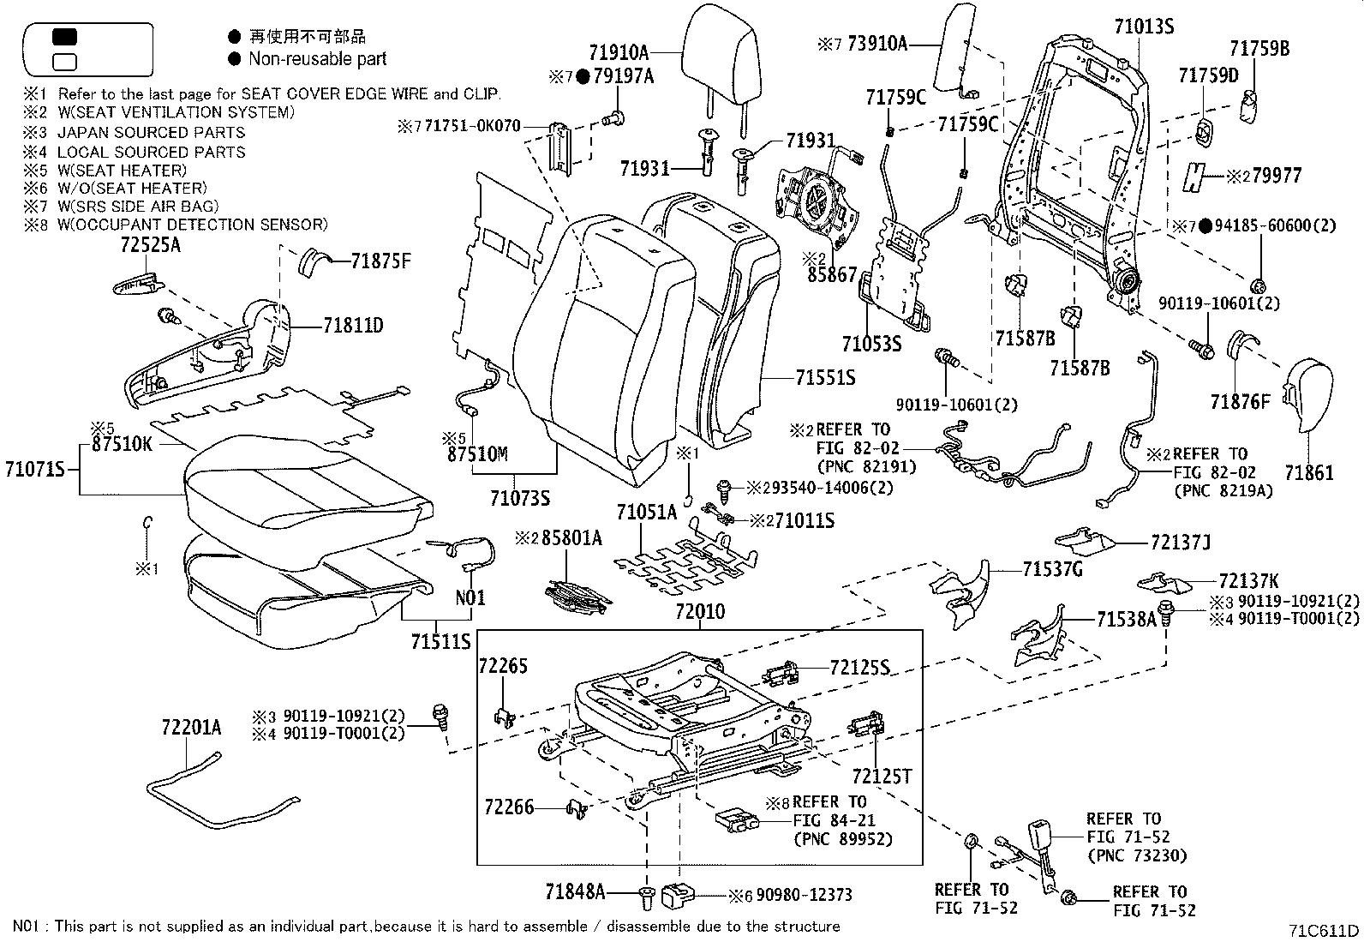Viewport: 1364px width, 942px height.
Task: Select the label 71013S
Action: [x=1143, y=27]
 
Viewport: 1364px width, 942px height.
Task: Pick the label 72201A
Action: [x=190, y=728]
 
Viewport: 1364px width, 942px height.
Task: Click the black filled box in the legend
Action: [x=64, y=37]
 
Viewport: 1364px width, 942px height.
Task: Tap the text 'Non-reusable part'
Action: [x=317, y=59]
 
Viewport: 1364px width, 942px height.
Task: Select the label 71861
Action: [x=1308, y=472]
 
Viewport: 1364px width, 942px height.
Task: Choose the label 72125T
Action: [x=881, y=777]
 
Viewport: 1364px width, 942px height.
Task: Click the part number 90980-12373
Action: [x=804, y=896]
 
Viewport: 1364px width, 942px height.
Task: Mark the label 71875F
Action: [x=380, y=261]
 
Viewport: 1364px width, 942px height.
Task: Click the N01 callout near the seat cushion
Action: [x=470, y=597]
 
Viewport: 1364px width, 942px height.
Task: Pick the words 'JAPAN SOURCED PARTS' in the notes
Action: [x=151, y=132]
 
